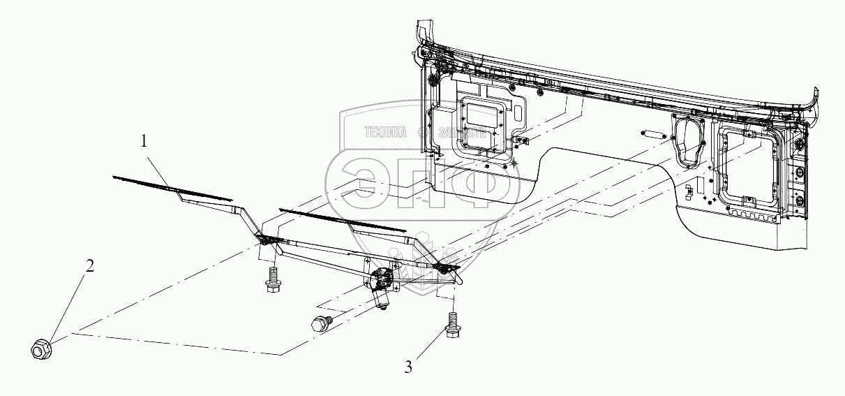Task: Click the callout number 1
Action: [x=144, y=141]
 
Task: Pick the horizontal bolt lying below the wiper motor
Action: [x=320, y=323]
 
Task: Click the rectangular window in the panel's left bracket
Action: [x=481, y=112]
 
